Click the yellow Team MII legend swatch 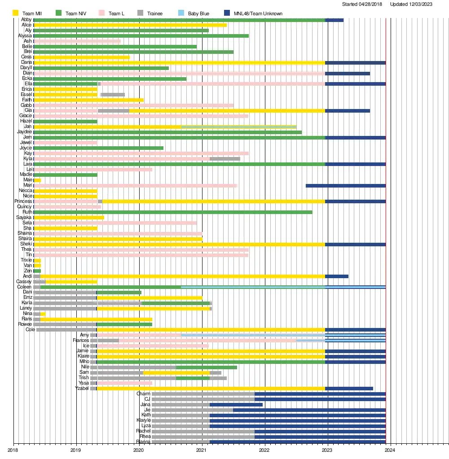point(16,13)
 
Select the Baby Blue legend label point(198,13)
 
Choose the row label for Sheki point(26,244)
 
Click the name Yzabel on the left point(82,388)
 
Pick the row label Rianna point(144,442)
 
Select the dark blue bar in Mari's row point(345,185)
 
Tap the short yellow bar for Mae point(37,180)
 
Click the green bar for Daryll point(101,68)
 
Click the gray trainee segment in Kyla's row point(224,159)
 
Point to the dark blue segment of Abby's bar point(334,20)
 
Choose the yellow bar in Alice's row point(130,25)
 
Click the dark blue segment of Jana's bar point(236,404)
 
